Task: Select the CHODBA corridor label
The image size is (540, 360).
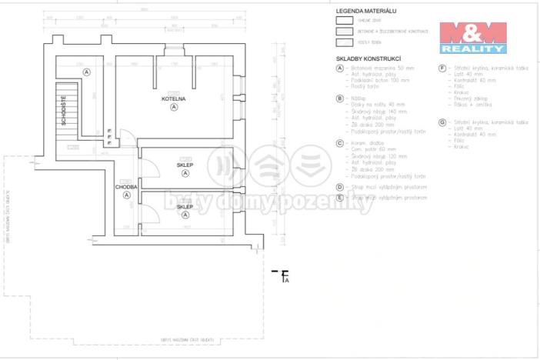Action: pos(125,187)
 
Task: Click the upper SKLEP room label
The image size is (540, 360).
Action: pos(185,165)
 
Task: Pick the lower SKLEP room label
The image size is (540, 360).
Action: pos(185,207)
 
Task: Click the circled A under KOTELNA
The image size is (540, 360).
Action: pos(175,108)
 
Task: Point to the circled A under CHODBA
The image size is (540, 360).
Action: pos(125,195)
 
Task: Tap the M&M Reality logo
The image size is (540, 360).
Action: pos(472,37)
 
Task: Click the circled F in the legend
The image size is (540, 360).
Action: pos(442,68)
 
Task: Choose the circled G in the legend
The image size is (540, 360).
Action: pos(442,122)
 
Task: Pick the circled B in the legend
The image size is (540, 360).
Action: pos(339,98)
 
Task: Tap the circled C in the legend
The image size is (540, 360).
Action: pos(339,142)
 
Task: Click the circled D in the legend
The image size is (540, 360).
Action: pos(339,186)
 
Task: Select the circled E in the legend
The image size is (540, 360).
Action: pos(339,198)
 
